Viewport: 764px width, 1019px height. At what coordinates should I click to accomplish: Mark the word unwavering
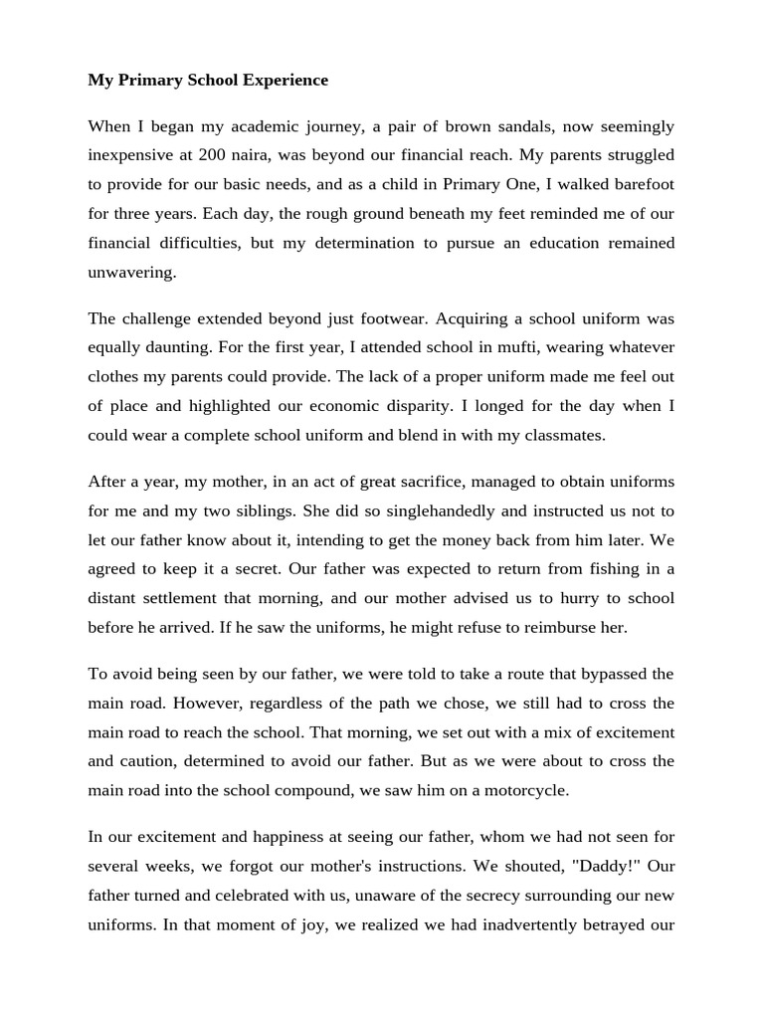point(131,272)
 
